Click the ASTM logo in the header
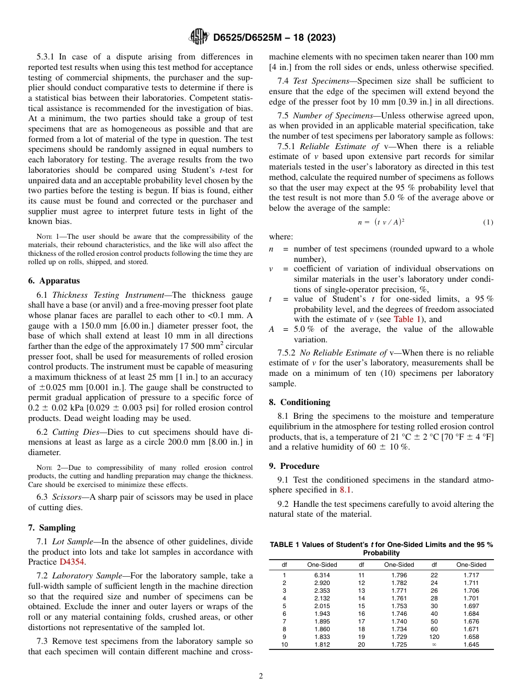coord(198,37)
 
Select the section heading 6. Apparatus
coord(53,280)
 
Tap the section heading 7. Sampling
coord(52,527)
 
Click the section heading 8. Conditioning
coord(299,402)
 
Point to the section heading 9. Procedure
coord(294,466)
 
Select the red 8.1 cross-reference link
coord(345,489)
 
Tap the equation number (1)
coord(488,222)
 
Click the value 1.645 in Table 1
coord(471,644)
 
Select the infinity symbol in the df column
coord(434,644)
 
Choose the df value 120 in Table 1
coord(434,637)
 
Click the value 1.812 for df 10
coord(321,644)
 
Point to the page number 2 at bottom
coord(261,676)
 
